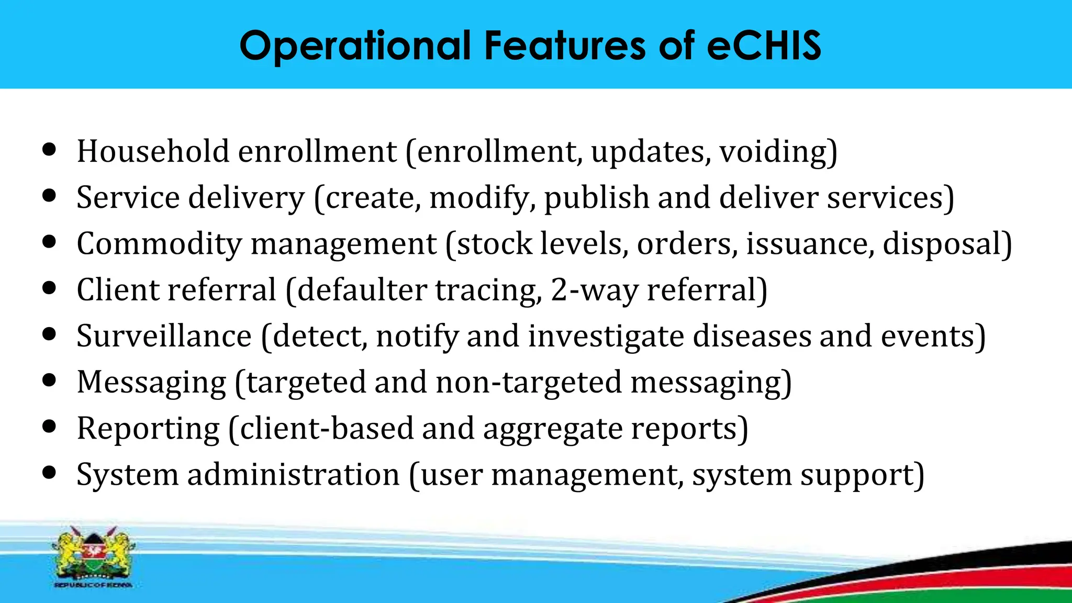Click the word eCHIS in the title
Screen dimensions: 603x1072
(x=764, y=46)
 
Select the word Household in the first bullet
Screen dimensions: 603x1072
(x=153, y=151)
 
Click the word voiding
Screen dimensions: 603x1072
(x=778, y=151)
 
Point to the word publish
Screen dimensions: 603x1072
(x=597, y=198)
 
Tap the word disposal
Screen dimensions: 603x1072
(x=947, y=244)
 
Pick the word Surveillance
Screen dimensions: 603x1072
(x=164, y=336)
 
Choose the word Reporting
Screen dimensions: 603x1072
(x=148, y=429)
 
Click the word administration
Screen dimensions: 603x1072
(x=293, y=475)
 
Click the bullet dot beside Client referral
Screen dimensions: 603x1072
(x=49, y=287)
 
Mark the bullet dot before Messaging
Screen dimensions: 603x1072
(x=49, y=379)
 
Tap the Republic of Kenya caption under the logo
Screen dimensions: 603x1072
(x=93, y=585)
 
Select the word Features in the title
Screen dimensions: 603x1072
(x=565, y=46)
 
